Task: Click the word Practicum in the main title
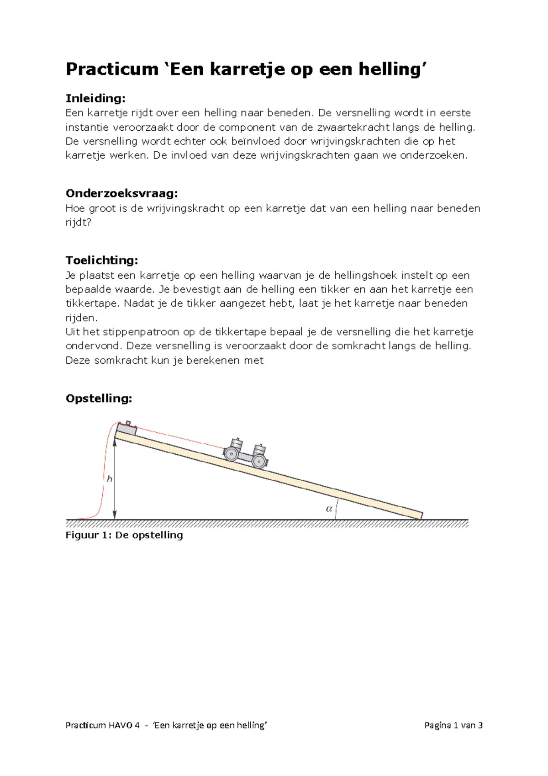coord(112,69)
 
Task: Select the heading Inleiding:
coord(95,99)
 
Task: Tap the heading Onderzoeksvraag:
coord(121,194)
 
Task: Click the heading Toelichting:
coord(101,260)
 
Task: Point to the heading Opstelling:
coord(99,399)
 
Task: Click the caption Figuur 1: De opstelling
coord(124,535)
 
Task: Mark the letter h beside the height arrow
coord(110,479)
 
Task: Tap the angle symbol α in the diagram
coord(329,509)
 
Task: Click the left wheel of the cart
coord(231,454)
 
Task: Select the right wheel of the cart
coord(259,461)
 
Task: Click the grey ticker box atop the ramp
coord(126,429)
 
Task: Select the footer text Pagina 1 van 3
coord(453,725)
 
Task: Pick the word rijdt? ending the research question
coord(79,223)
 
